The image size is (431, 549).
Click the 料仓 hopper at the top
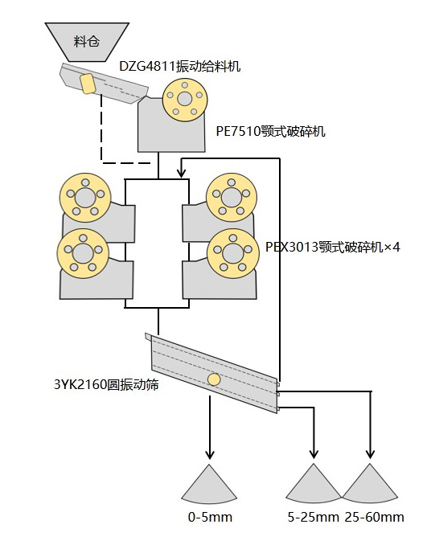click(87, 42)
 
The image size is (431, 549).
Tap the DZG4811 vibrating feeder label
click(180, 66)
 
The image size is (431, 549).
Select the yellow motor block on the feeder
click(87, 84)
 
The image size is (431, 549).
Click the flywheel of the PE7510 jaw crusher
click(184, 100)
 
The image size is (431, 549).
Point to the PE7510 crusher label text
click(271, 132)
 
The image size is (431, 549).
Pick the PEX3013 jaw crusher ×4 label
click(333, 248)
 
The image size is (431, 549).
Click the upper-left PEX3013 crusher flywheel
click(85, 199)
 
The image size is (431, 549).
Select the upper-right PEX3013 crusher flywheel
click(231, 198)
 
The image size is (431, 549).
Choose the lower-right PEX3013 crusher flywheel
click(233, 253)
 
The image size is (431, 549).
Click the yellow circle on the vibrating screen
click(214, 379)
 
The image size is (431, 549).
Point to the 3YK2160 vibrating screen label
click(106, 384)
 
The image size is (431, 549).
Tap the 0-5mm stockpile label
click(210, 517)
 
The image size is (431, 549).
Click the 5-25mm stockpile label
click(314, 517)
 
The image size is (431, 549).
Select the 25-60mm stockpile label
click(374, 517)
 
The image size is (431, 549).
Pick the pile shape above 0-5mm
click(209, 485)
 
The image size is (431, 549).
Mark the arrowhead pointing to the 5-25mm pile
click(314, 454)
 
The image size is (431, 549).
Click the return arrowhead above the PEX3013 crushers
click(182, 173)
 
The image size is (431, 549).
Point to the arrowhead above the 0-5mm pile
click(210, 454)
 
